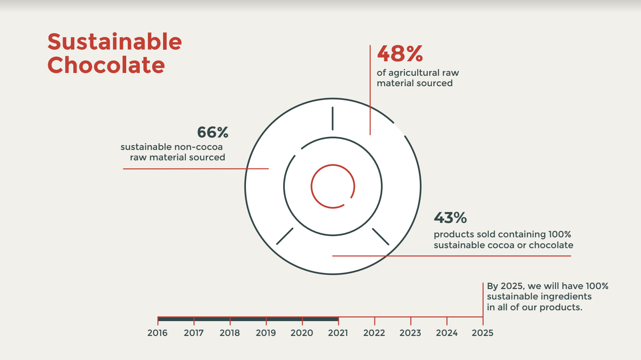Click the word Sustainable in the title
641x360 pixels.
[115, 42]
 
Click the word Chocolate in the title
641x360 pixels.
[106, 65]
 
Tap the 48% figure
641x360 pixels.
[400, 54]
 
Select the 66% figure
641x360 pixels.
[212, 132]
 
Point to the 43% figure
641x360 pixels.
[450, 218]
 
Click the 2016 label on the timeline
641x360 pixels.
[157, 333]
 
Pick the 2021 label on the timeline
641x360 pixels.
[338, 333]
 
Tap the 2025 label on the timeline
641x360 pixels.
[482, 333]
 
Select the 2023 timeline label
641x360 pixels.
[410, 333]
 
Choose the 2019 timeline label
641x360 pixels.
[266, 333]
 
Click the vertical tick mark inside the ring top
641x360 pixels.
[333, 118]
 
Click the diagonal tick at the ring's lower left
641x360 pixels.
[285, 236]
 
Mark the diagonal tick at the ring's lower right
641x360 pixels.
[381, 237]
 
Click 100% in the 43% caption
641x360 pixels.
[560, 235]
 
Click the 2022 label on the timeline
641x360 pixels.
[374, 333]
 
